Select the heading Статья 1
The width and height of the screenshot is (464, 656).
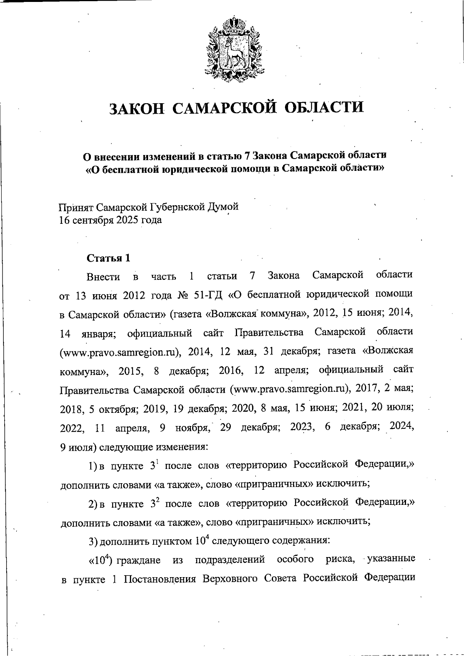pyautogui.click(x=108, y=258)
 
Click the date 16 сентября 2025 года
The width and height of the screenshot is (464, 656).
pyautogui.click(x=110, y=220)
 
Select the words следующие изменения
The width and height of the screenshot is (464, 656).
pyautogui.click(x=154, y=447)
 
